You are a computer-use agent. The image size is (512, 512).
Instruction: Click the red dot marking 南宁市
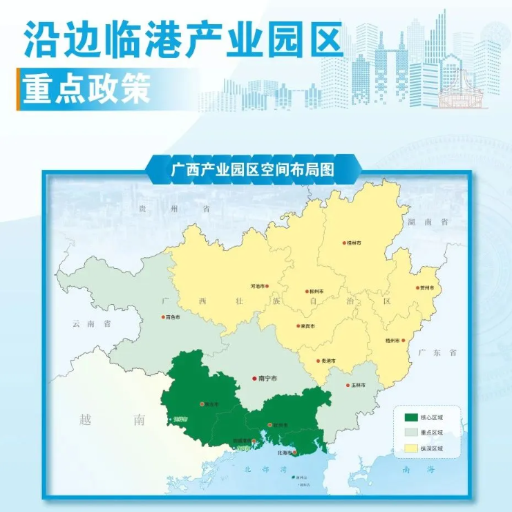pos(254,379)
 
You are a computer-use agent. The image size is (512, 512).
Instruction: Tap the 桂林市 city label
pos(355,243)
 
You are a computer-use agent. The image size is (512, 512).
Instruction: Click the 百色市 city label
pos(173,318)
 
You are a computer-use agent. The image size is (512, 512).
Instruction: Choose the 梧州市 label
pos(392,341)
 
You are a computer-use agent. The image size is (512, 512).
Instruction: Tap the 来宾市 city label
pos(307,326)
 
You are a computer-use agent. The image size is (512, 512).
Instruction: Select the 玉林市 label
pos(358,384)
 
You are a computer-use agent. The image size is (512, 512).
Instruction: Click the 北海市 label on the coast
pos(285,453)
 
